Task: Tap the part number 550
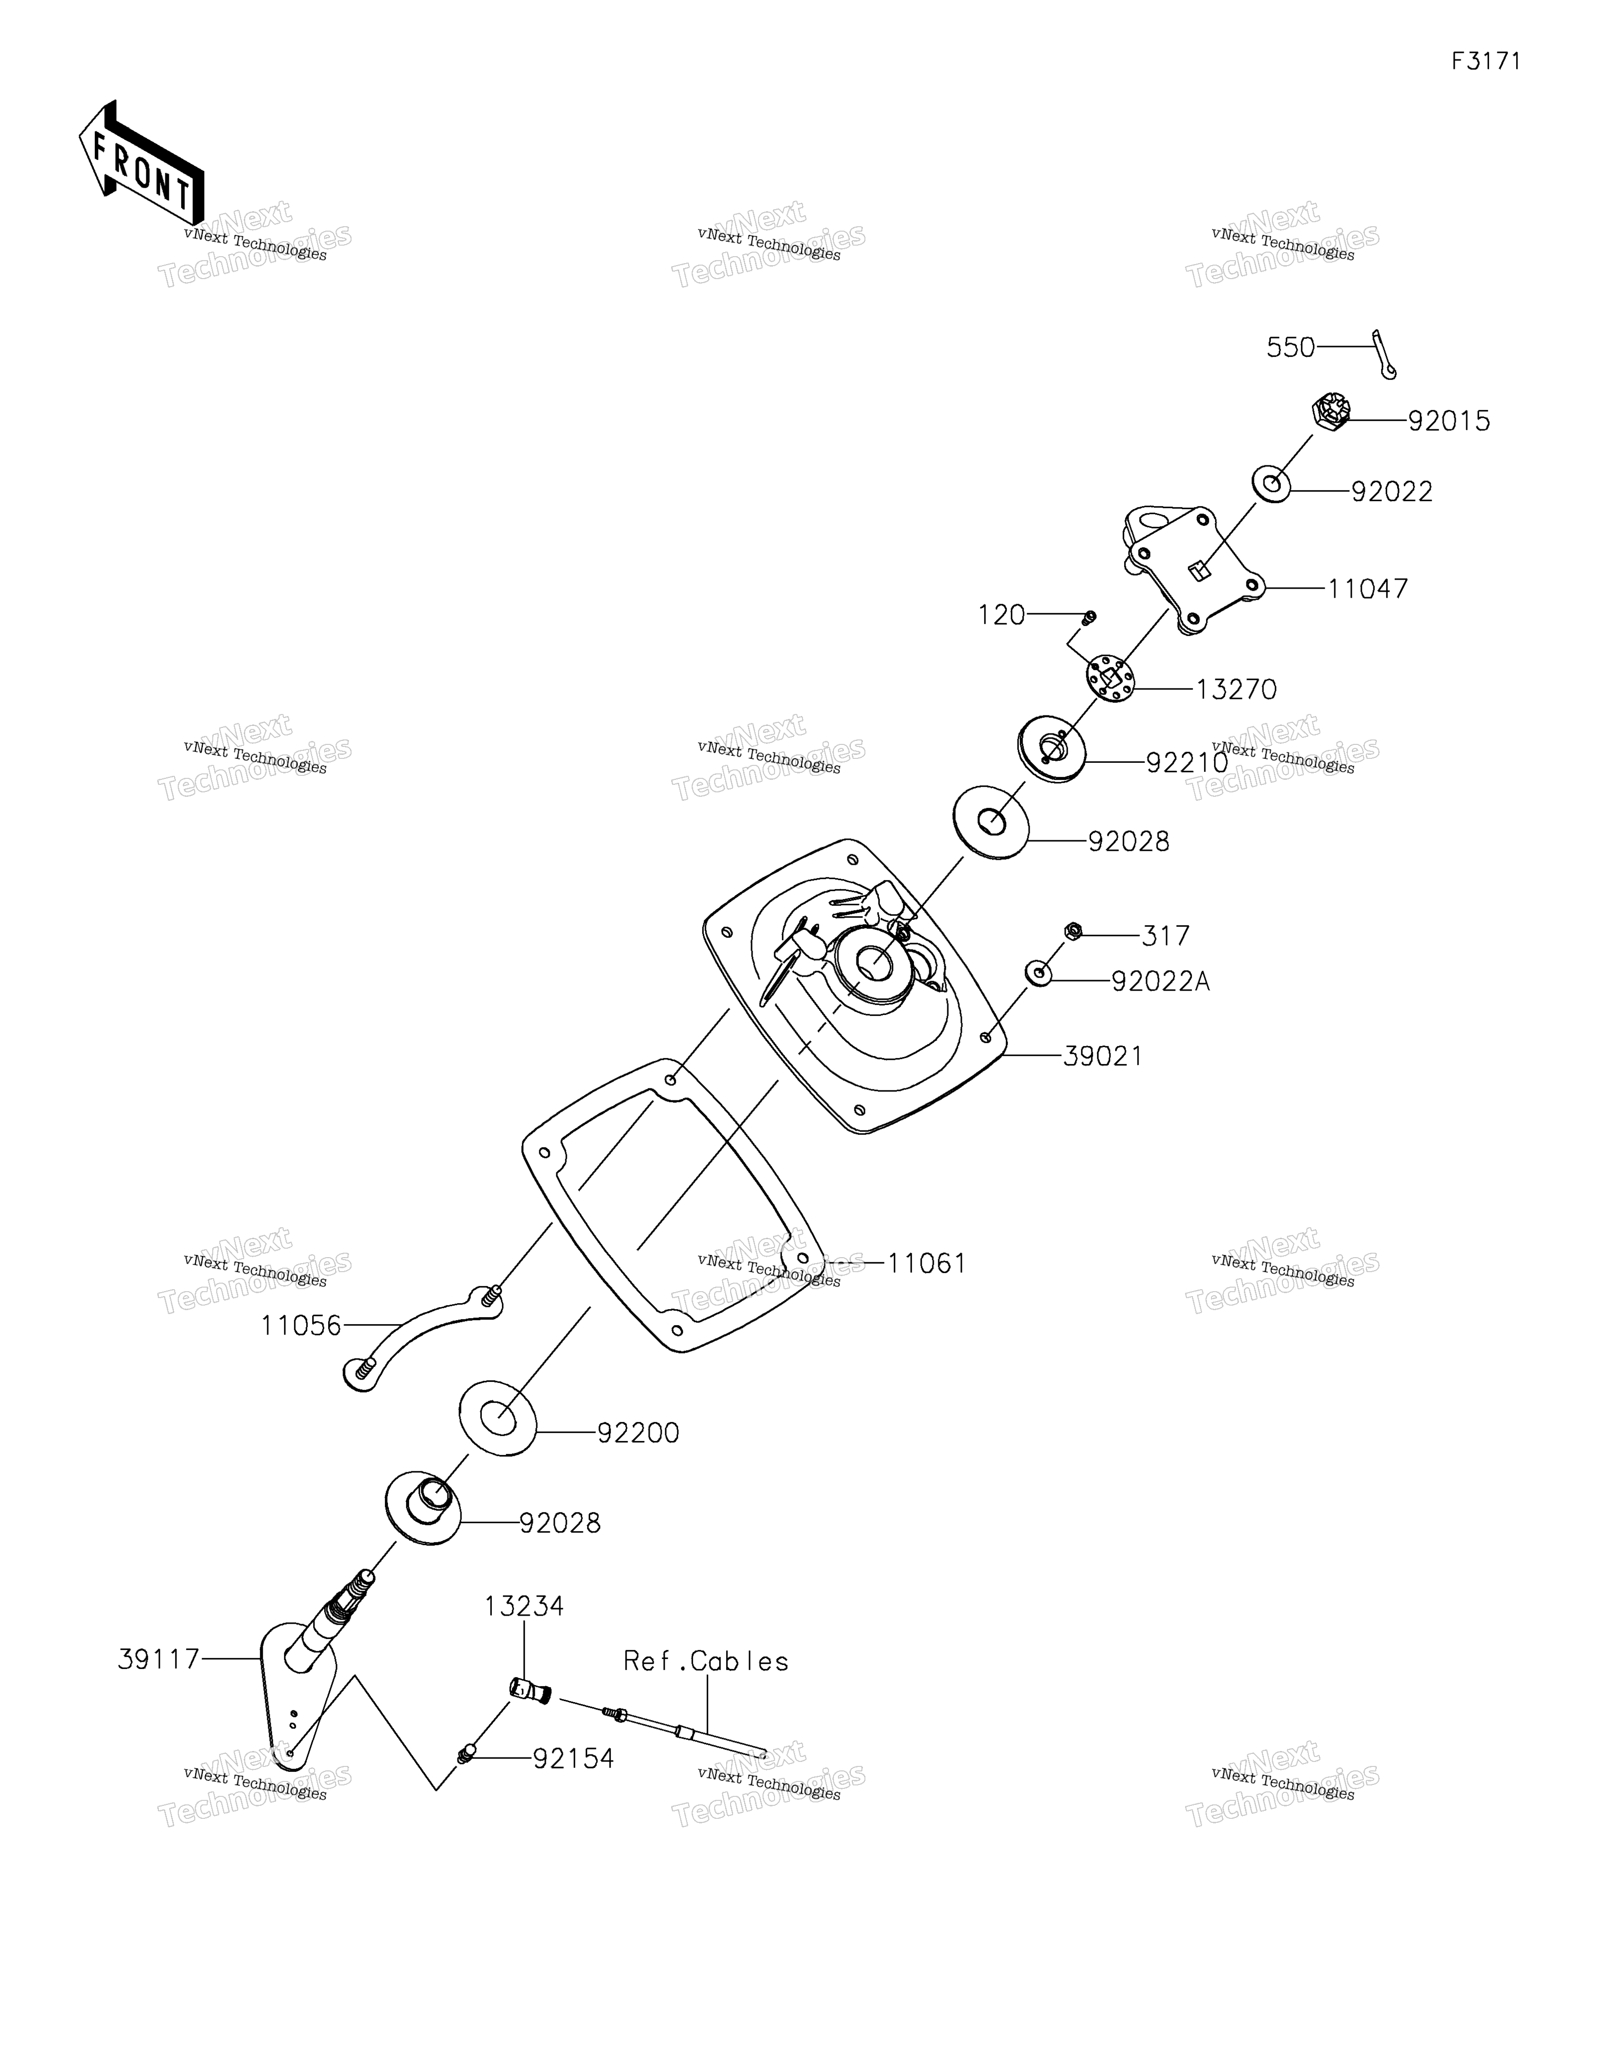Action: (x=1290, y=348)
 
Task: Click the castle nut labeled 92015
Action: (x=1330, y=413)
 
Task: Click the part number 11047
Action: (x=1367, y=589)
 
